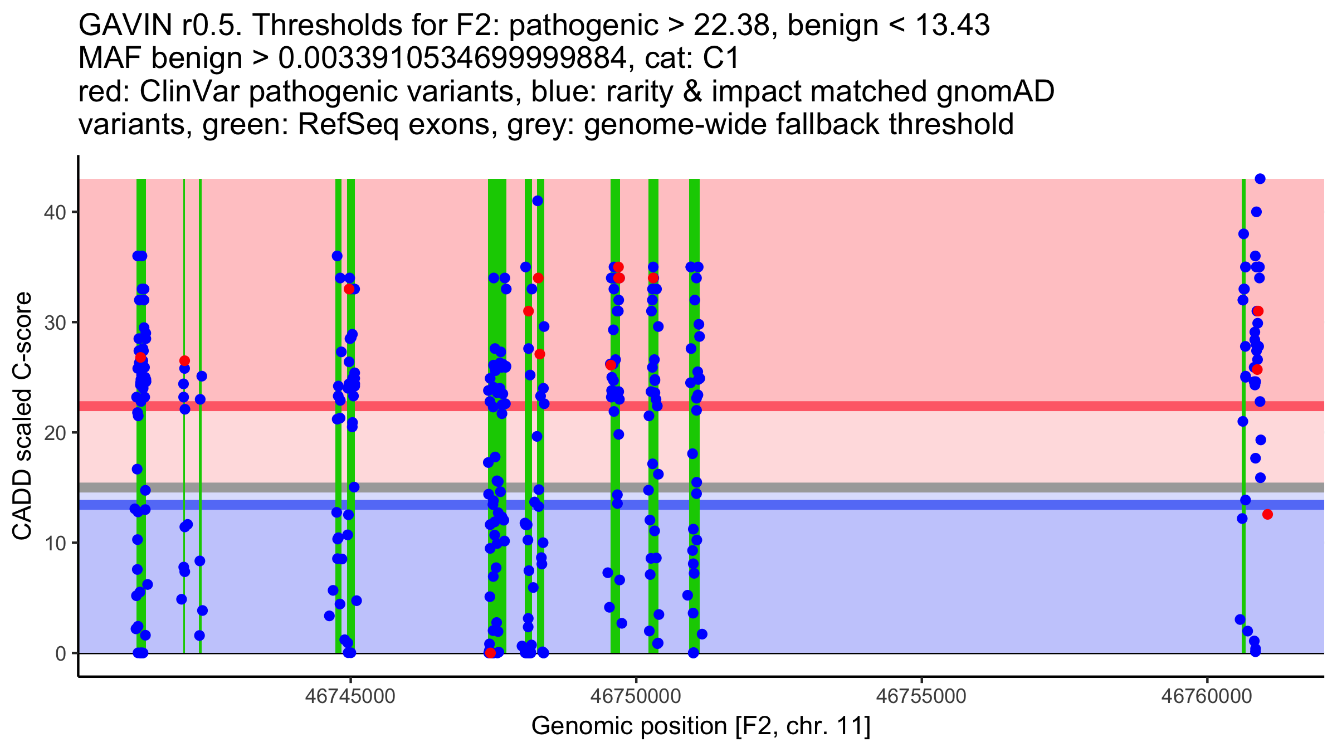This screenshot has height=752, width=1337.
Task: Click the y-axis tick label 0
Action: pos(60,653)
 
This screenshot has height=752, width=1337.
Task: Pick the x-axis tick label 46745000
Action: pos(350,696)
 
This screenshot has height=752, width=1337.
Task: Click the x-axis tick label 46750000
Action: pos(636,696)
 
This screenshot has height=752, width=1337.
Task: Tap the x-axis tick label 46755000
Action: pos(921,696)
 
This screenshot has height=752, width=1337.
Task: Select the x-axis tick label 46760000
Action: pos(1207,696)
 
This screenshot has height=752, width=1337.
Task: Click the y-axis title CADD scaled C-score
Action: pos(22,416)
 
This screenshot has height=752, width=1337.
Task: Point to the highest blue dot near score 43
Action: pos(1260,179)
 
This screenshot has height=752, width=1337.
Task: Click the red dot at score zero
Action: pos(490,652)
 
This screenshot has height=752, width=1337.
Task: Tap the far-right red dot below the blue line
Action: pos(1267,514)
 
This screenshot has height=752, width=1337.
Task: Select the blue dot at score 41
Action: pos(538,201)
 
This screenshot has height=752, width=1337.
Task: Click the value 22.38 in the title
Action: pos(724,25)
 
